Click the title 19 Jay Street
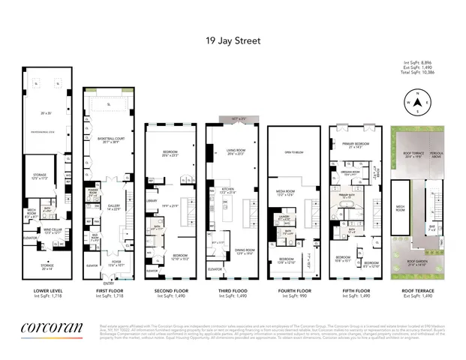(x=233, y=41)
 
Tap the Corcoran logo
(x=47, y=328)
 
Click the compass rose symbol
(x=416, y=100)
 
